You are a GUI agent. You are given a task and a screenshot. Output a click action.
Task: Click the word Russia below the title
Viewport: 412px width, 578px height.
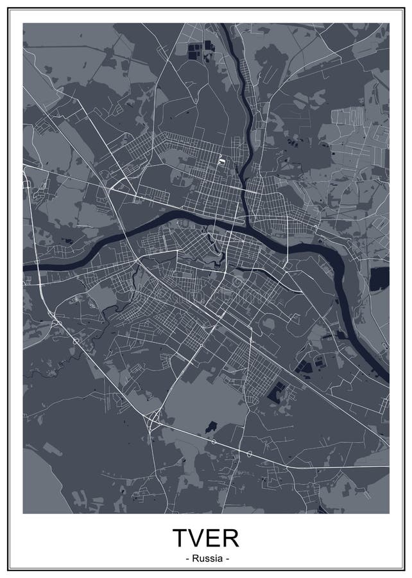[x=206, y=559]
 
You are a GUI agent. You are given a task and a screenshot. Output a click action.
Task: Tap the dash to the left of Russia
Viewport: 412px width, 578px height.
[x=187, y=559]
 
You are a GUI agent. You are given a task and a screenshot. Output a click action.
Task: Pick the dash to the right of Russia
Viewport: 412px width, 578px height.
[x=226, y=559]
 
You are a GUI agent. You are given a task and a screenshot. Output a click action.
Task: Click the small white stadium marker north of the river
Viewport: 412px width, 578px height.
[x=222, y=161]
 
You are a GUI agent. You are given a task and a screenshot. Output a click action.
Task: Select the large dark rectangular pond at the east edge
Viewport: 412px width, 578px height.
[x=379, y=278]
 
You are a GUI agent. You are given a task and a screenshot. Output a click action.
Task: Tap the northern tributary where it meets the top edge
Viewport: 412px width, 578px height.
[x=225, y=26]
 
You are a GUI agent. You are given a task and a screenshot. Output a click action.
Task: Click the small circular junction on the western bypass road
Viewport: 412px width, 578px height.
[x=76, y=341]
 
